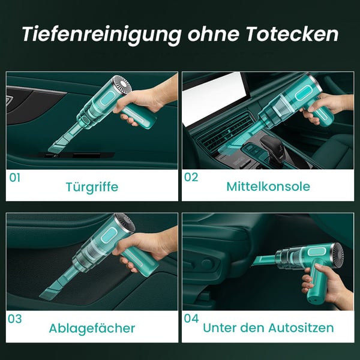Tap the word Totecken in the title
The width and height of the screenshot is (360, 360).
click(292, 34)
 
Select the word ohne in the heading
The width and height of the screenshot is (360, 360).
click(214, 34)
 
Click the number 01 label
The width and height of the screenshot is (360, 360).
click(15, 178)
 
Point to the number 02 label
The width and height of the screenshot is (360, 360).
click(191, 177)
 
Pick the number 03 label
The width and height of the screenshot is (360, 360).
click(15, 319)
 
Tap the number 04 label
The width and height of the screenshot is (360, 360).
click(191, 319)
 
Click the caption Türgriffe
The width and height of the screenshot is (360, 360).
click(92, 187)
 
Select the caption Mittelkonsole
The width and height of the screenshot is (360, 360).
click(268, 187)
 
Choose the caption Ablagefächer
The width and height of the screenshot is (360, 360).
click(92, 328)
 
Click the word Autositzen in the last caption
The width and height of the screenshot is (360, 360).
click(301, 328)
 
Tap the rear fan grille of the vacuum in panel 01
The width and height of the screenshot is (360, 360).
click(122, 85)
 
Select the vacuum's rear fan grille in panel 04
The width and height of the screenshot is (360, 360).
click(338, 256)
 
